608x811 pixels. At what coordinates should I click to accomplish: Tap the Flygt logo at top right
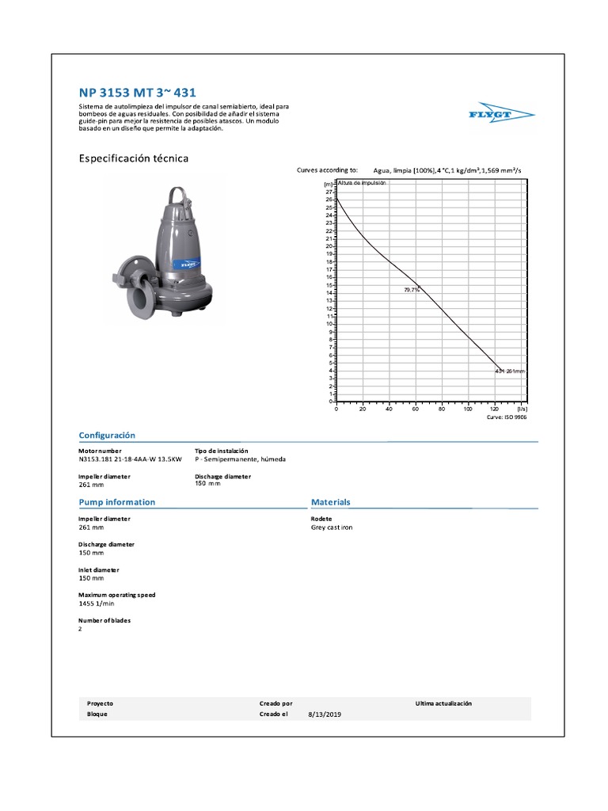pyautogui.click(x=501, y=116)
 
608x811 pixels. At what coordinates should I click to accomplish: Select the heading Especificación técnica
pyautogui.click(x=133, y=158)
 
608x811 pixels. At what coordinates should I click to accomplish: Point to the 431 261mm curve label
pyautogui.click(x=510, y=371)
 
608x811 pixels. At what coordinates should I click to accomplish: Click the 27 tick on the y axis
pyautogui.click(x=329, y=192)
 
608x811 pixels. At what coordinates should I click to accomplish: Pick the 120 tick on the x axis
pyautogui.click(x=495, y=409)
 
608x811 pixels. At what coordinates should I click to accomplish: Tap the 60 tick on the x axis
pyautogui.click(x=416, y=409)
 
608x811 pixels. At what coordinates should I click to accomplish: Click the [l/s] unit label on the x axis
pyautogui.click(x=521, y=409)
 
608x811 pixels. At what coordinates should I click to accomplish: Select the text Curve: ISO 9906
pyautogui.click(x=506, y=417)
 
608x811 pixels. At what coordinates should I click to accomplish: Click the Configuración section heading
pyautogui.click(x=107, y=436)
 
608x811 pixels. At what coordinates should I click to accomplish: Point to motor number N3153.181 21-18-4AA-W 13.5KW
pyautogui.click(x=130, y=459)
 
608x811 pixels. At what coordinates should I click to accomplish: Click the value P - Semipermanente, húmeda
pyautogui.click(x=240, y=459)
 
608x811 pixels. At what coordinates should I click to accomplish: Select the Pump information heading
pyautogui.click(x=116, y=502)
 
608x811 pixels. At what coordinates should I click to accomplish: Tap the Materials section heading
pyautogui.click(x=331, y=502)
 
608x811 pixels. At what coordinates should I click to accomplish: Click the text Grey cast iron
pyautogui.click(x=332, y=527)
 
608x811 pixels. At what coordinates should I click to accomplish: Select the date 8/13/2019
pyautogui.click(x=325, y=714)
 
